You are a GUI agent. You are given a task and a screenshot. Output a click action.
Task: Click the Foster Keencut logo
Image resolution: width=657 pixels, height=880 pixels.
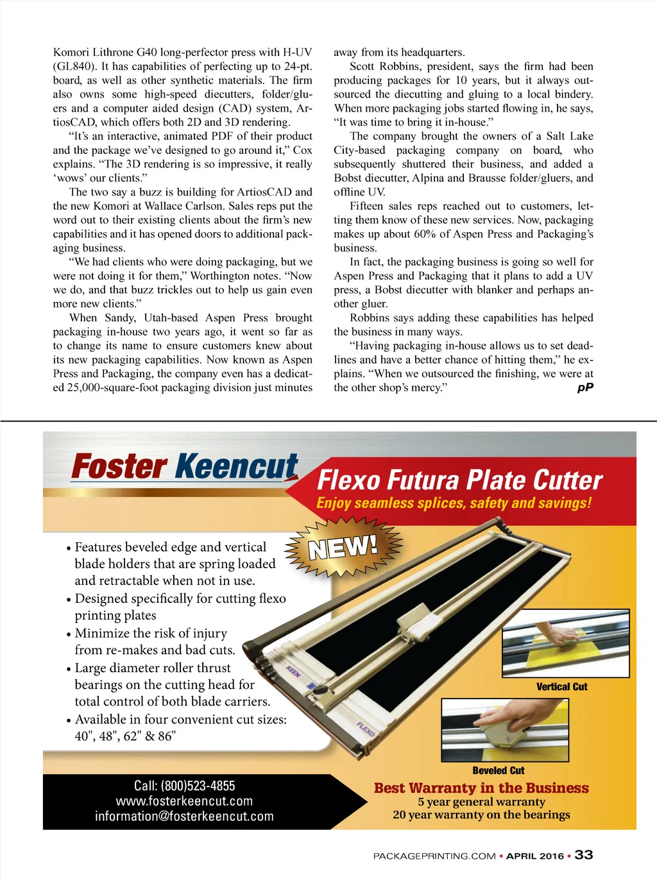pos(185,466)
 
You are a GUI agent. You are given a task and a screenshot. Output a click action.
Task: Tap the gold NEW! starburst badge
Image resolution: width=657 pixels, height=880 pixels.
pos(343,547)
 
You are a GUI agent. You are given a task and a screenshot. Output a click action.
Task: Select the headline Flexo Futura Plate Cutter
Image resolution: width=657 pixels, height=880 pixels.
pos(459,480)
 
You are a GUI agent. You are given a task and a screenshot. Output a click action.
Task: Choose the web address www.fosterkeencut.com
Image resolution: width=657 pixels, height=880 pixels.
pos(184,801)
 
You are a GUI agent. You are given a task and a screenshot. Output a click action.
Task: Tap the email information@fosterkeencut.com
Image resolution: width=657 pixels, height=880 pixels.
pos(184,817)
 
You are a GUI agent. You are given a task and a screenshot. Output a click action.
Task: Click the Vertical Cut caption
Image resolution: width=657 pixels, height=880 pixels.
pos(561,687)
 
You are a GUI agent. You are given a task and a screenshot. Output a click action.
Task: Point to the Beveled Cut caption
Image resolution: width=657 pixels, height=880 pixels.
pos(498,771)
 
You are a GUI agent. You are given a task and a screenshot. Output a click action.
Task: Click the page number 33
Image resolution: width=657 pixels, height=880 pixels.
pos(584,855)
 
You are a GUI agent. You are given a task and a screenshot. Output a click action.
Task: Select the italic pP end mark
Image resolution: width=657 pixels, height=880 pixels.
pos(585,387)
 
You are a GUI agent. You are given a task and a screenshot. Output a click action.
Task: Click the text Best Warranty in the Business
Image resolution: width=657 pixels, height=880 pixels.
pos(481,788)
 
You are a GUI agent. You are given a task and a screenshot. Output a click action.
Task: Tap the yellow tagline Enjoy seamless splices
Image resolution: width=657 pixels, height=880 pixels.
pos(454,503)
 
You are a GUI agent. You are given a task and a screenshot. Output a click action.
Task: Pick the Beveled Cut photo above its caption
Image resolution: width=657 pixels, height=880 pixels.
pos(505,729)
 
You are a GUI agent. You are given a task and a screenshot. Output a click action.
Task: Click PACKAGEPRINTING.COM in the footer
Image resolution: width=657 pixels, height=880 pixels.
pos(434,856)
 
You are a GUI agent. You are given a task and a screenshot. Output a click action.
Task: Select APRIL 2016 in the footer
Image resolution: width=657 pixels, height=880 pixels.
pos(535,856)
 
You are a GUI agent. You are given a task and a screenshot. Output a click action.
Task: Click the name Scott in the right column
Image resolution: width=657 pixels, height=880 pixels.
pos(363,66)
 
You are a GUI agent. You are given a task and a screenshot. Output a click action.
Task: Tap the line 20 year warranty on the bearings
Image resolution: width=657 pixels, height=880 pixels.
pos(481,815)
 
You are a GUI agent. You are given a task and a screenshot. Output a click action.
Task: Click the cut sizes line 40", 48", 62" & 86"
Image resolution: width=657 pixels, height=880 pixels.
pos(125,736)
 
